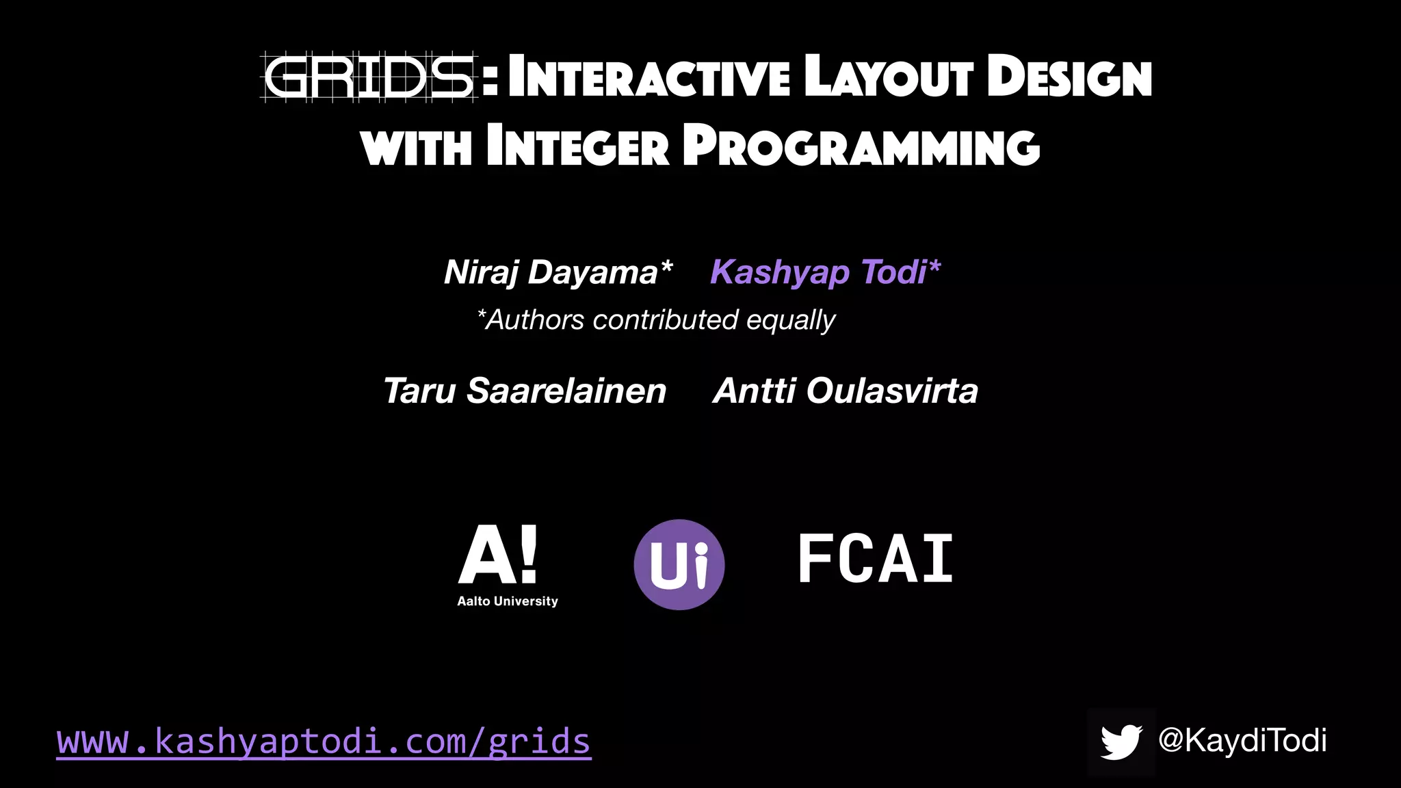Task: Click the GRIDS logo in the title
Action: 369,77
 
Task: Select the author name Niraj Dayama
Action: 558,272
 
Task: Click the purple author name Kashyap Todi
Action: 825,272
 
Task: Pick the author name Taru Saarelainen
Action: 525,391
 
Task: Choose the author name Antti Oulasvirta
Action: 846,391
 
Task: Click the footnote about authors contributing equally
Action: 656,319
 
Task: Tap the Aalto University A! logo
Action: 498,555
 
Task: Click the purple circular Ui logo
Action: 679,564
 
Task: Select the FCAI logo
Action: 876,560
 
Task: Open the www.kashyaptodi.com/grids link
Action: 324,741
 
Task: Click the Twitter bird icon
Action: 1121,742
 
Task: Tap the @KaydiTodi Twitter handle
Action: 1242,740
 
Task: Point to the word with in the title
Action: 417,146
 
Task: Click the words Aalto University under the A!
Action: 508,601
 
